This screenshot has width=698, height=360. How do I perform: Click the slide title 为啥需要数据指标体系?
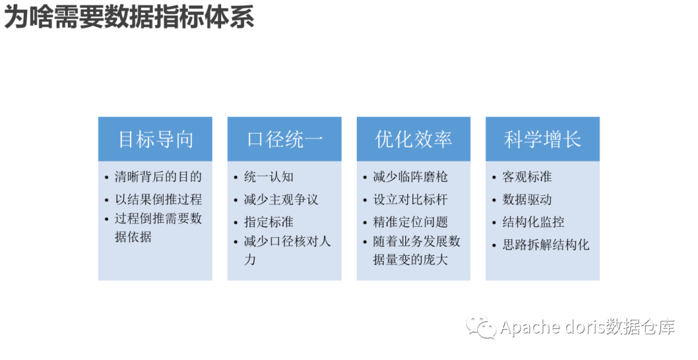[x=129, y=17]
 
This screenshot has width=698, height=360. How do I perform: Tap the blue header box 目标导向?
[x=155, y=139]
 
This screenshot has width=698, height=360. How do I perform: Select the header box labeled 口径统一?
[x=284, y=139]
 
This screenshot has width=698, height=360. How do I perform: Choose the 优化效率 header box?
[x=414, y=139]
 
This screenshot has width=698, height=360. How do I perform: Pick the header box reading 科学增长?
[x=543, y=139]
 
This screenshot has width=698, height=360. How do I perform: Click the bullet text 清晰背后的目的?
[x=158, y=176]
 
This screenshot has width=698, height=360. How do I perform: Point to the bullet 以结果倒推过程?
[x=158, y=199]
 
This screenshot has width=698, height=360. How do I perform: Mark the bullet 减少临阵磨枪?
[x=410, y=176]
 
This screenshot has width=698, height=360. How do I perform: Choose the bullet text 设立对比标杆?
[x=410, y=199]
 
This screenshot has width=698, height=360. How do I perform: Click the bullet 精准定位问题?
[x=410, y=222]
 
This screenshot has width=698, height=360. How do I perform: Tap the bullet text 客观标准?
[x=527, y=176]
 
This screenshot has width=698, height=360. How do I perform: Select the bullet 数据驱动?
[x=527, y=199]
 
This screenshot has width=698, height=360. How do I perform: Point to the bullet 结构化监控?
[x=534, y=222]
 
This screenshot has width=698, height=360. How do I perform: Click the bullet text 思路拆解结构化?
[x=546, y=245]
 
